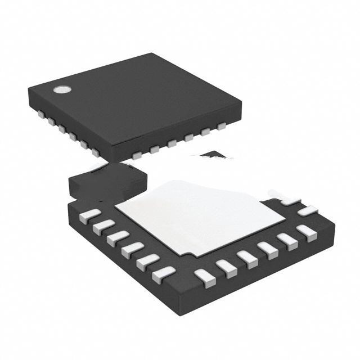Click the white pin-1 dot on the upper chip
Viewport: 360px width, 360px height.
coord(60,89)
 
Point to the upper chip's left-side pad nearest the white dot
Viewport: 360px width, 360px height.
coord(42,114)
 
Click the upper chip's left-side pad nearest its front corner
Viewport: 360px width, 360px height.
coord(96,152)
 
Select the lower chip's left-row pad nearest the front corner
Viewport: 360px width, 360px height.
coord(164,274)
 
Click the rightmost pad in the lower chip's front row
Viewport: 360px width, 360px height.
coord(307,232)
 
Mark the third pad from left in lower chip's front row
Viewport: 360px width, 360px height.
coord(247,258)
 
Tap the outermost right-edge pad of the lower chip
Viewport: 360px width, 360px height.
coord(308,211)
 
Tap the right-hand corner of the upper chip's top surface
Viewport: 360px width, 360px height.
coord(241,102)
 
